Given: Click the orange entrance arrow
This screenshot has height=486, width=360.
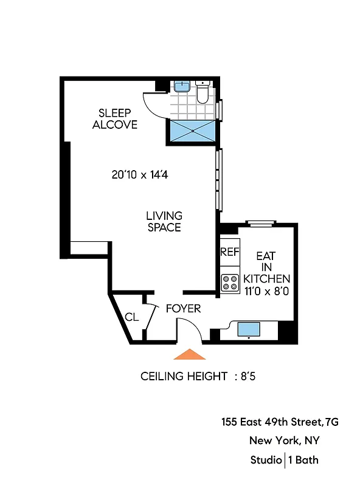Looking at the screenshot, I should coord(190,354).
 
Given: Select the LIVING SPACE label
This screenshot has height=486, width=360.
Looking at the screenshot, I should coord(164,221).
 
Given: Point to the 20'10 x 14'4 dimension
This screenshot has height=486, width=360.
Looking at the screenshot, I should coord(139,174).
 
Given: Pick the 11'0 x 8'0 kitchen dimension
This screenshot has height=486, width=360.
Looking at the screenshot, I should coord(266,290).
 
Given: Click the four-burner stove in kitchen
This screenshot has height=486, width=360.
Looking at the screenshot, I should coord(230,281).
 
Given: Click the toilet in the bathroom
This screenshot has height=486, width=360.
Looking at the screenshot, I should coord(203,92).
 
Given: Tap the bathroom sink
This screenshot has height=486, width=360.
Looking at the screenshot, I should coord(181,86).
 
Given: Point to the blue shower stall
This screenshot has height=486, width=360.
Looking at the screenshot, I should coord(192,130).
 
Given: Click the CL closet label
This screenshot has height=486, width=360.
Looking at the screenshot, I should coord(131,317).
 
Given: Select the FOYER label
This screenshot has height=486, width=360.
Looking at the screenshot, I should coord(183,309).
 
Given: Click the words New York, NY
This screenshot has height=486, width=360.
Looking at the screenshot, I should coord(284,441).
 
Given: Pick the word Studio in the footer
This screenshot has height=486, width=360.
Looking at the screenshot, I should coord(265,460).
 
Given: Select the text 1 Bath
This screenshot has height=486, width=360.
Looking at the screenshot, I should coord(303,460).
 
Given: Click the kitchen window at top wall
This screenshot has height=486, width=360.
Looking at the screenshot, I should coord(261,223).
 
